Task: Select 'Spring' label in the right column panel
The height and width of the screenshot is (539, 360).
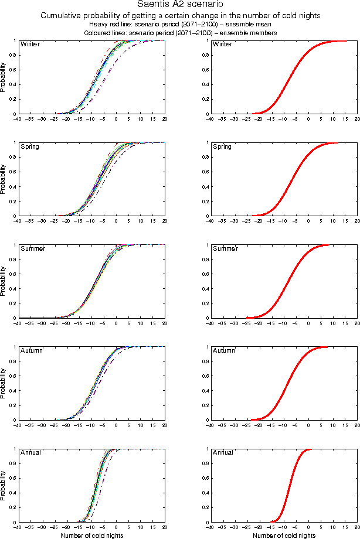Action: click(222, 146)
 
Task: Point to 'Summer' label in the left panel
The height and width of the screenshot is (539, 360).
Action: click(32, 249)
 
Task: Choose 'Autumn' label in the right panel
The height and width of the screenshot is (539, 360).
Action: click(224, 351)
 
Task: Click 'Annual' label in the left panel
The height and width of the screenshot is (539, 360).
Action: click(30, 453)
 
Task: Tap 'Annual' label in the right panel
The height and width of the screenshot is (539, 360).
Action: click(223, 453)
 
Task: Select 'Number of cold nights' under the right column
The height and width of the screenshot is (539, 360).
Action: click(284, 535)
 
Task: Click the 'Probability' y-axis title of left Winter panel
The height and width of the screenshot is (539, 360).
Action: click(4, 77)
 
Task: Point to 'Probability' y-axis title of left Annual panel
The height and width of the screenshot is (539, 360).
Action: click(4, 486)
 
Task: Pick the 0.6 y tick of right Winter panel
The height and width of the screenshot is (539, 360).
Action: click(203, 70)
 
